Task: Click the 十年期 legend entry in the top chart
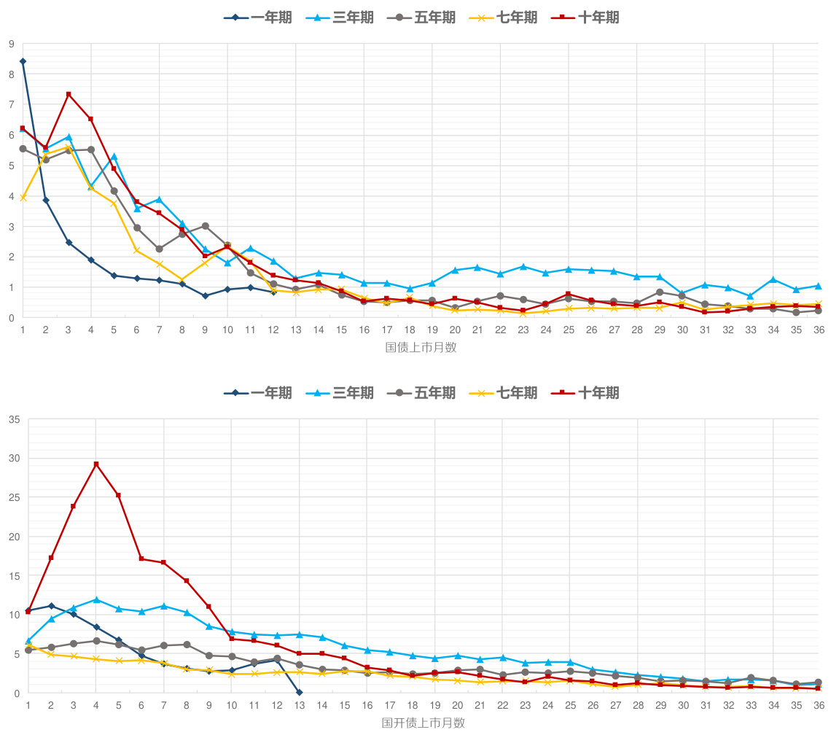588,17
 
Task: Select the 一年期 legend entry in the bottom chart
258,393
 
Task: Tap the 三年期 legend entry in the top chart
342,17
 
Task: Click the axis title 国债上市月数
421,348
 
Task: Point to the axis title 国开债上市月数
423,723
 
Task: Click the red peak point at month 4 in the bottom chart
96,464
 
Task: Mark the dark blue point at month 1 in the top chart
23,61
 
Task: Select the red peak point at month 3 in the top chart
69,94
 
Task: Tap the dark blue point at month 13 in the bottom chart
300,692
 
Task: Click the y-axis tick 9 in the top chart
11,44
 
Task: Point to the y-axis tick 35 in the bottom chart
13,419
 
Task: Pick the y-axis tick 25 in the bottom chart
13,497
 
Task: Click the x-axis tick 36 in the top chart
819,330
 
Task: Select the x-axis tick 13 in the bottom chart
300,705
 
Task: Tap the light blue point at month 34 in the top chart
773,279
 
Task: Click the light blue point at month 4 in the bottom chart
96,599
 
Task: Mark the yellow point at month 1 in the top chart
23,198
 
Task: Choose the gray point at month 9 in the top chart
205,226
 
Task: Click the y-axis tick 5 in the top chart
11,166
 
